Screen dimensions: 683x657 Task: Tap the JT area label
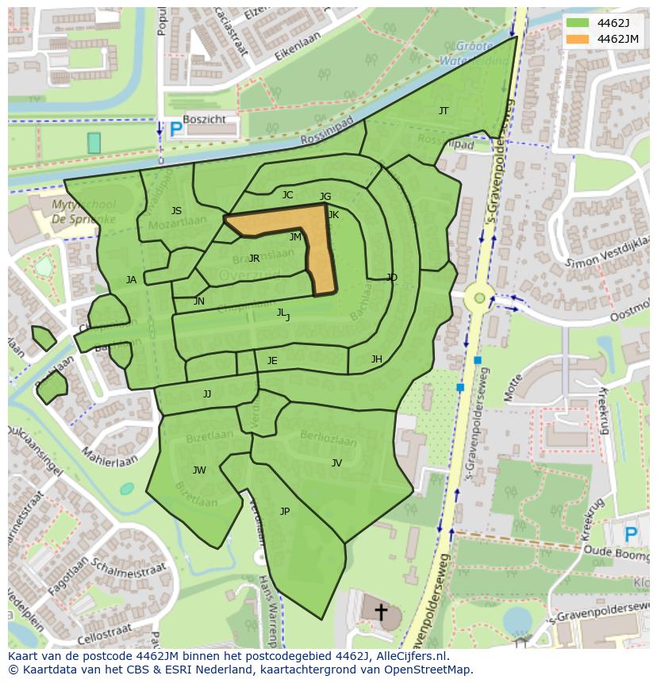pos(444,111)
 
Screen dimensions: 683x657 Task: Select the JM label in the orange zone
pos(295,237)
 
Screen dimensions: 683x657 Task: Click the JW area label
pos(199,470)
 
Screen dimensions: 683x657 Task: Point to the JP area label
pos(285,512)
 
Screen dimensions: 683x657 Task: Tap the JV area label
pos(336,463)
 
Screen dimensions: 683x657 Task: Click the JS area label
pos(176,211)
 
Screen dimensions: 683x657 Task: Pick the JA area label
pos(131,280)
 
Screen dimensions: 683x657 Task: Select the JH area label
pos(376,359)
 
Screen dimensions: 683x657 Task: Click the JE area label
pos(272,361)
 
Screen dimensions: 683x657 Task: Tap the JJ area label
pos(207,394)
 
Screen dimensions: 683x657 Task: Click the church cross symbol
pos(381,612)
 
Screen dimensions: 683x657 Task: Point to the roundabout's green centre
pos(479,299)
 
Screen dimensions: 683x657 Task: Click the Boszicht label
pos(204,119)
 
